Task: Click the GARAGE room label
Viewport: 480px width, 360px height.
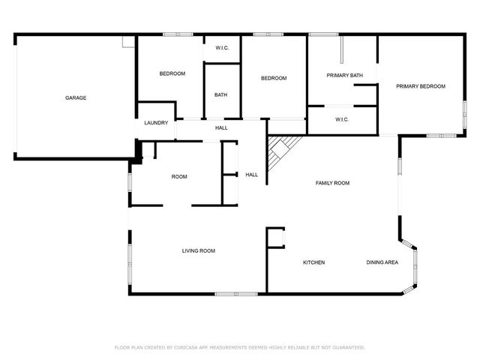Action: [76, 98]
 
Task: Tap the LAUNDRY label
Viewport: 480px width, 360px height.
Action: [156, 123]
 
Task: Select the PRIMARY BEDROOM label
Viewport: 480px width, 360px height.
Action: [421, 86]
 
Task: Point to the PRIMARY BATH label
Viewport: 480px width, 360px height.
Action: [345, 75]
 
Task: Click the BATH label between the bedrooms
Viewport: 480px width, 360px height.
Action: [221, 94]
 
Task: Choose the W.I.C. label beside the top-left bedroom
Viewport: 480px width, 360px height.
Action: [222, 49]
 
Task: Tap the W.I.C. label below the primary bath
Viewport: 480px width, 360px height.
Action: [342, 119]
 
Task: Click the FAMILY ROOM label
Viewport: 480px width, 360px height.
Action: [332, 183]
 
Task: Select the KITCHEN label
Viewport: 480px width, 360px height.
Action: [313, 262]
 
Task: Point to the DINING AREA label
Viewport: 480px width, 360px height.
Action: [382, 262]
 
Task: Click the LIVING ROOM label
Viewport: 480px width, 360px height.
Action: [199, 250]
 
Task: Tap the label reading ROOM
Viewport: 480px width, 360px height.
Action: [179, 177]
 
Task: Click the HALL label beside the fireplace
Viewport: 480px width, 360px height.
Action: [251, 175]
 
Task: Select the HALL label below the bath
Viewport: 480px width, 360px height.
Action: [221, 128]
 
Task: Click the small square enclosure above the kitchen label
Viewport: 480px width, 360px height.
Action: [276, 237]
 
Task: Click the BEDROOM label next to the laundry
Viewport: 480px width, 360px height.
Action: [172, 73]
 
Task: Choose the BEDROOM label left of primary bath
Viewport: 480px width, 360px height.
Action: [274, 79]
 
